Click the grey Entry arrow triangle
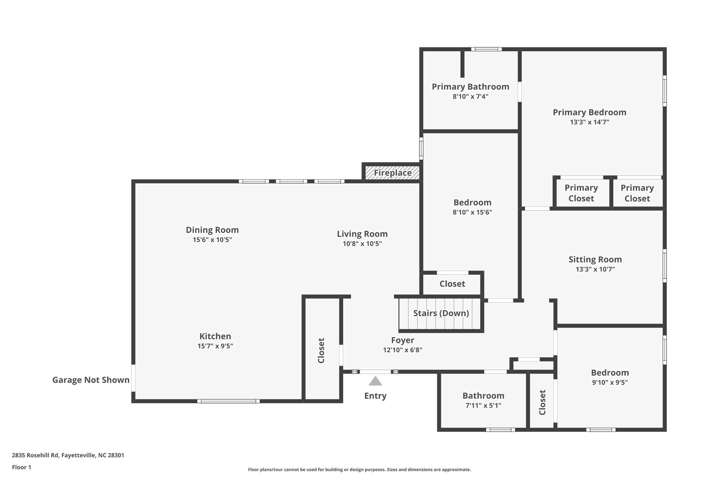(375, 381)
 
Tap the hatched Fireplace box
(393, 173)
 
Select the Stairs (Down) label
(441, 313)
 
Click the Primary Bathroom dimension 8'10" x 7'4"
(470, 97)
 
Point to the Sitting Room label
(595, 259)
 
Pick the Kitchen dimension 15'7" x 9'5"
(215, 346)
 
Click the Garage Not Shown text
(91, 380)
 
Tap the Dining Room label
(212, 230)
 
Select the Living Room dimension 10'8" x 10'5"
(362, 244)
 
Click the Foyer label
(403, 340)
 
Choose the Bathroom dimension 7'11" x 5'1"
(483, 406)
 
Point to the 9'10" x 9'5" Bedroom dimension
(610, 382)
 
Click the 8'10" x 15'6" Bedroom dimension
(472, 212)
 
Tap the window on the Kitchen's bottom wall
(228, 401)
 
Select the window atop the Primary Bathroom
(486, 49)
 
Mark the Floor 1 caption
(21, 467)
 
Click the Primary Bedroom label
(589, 112)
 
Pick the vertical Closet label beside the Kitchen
(321, 350)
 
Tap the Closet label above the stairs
(452, 284)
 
